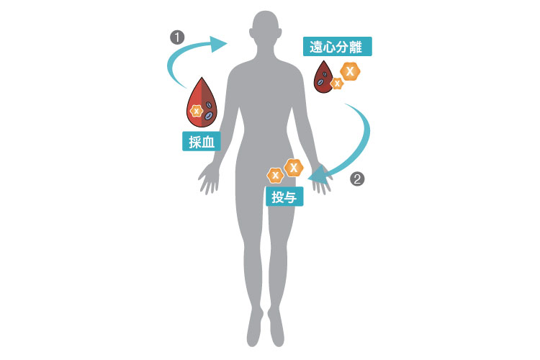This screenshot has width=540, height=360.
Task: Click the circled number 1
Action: point(177,37)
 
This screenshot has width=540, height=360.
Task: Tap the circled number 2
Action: point(357,179)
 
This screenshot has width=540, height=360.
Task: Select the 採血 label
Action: point(202,142)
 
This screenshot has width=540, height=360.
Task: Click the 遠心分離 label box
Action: point(338,47)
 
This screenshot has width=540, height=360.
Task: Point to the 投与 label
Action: point(284,197)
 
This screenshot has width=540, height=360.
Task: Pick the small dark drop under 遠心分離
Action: point(323,78)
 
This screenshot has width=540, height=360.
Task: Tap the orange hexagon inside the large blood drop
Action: point(197,111)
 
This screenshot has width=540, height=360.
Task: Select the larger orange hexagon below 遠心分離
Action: point(350,71)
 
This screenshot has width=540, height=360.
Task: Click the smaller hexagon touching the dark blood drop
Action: point(337,83)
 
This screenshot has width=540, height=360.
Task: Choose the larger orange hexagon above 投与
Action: point(294,168)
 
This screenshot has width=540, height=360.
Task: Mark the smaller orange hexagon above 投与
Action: point(275,176)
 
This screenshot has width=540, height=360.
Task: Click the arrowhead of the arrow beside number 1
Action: point(218,44)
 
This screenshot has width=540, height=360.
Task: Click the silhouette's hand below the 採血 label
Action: point(209,178)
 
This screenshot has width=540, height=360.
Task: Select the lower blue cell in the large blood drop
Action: point(208,116)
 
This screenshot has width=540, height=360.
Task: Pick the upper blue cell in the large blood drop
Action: point(209,104)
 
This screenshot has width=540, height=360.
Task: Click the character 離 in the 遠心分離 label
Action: point(356,47)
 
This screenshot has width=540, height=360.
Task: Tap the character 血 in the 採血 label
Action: point(208,142)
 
